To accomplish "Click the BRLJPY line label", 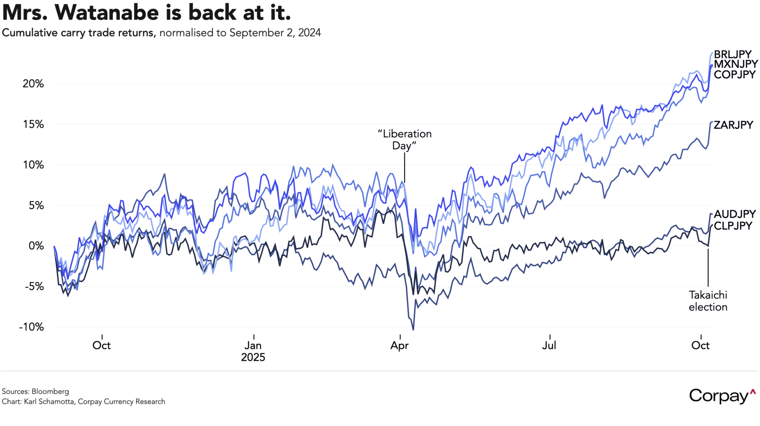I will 733,55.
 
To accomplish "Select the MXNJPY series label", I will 736,64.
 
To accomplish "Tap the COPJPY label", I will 734,75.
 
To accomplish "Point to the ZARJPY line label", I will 733,125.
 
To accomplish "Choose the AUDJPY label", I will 734,214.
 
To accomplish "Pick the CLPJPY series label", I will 733,226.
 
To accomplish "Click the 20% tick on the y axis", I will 33,84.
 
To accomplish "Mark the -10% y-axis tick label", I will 31,327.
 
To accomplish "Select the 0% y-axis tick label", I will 36,246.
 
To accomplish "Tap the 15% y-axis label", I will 33,124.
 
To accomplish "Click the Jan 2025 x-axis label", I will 253,351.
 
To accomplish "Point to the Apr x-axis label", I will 400,345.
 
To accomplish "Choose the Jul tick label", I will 549,345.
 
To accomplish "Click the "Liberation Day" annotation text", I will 404,140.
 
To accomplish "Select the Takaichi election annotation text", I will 708,301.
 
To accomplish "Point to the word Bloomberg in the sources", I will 50,391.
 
